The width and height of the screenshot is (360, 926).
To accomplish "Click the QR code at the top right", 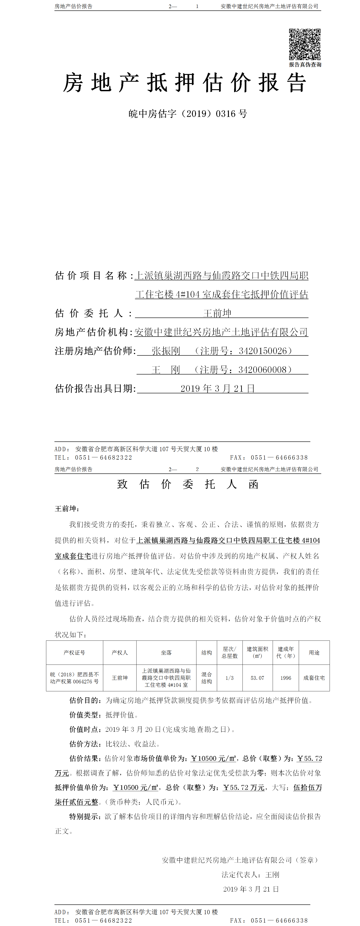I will tap(305, 44).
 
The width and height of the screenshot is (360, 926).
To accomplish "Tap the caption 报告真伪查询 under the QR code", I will tap(305, 65).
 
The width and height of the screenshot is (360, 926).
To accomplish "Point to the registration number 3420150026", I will tap(263, 351).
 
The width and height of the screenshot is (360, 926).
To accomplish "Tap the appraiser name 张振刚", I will tap(166, 351).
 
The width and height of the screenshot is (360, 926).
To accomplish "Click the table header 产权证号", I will tap(74, 653).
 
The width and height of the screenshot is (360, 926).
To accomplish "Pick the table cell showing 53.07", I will tap(257, 678).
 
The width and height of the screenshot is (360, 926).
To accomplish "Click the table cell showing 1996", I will tap(286, 678).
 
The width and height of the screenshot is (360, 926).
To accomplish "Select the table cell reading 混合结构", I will tap(207, 678).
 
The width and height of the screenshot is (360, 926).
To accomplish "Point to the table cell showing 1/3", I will tap(230, 678).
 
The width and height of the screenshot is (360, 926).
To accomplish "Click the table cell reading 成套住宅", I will tap(314, 678).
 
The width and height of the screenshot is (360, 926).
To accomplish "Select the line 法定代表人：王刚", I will tap(250, 875).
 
